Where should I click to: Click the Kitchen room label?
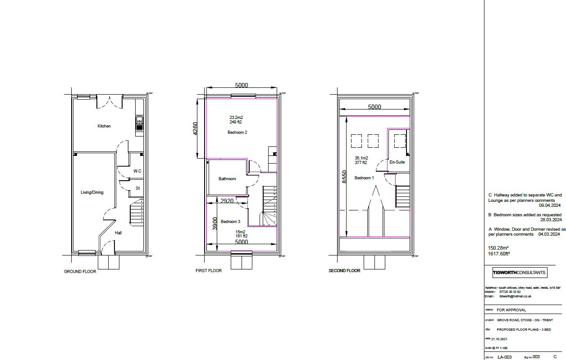104,126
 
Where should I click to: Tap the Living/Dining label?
92,192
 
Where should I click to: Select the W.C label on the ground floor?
137,171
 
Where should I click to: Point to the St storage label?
137,188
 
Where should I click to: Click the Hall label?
118,233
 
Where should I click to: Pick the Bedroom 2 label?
237,132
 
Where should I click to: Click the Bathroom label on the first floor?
227,179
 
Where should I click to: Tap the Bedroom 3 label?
230,222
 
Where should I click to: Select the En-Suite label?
397,162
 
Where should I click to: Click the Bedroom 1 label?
364,178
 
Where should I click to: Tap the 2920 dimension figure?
227,201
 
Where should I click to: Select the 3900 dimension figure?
215,223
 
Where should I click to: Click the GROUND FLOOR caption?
80,272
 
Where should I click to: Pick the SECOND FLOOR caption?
344,271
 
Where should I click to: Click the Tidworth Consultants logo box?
520,273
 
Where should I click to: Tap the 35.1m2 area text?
361,158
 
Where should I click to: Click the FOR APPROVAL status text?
511,310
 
